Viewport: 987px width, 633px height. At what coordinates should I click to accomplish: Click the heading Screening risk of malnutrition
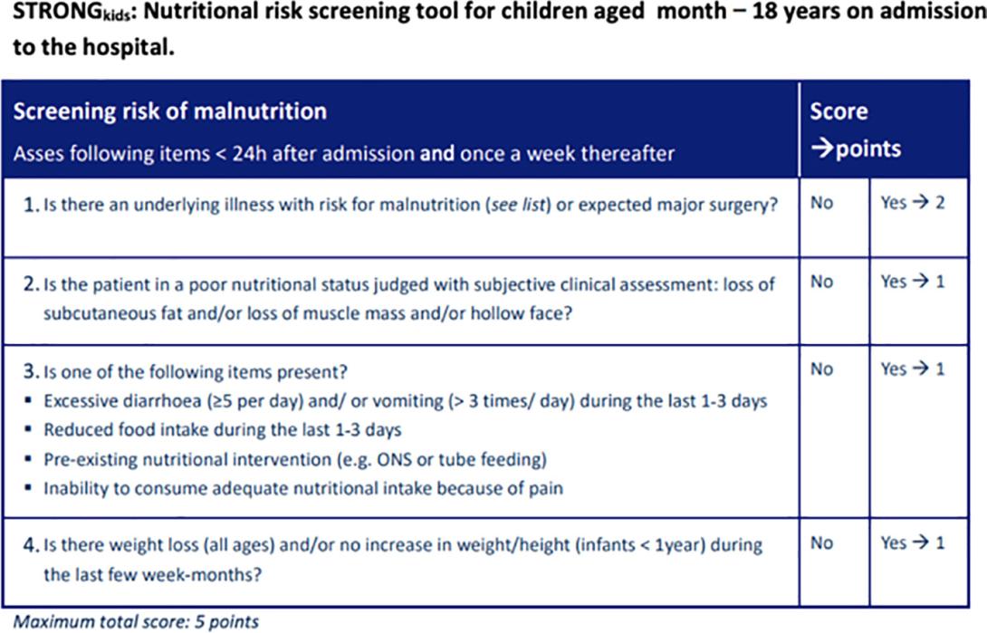coord(170,111)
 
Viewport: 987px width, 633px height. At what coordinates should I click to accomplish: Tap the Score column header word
coord(838,111)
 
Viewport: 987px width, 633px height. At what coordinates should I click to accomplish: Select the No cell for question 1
coord(821,203)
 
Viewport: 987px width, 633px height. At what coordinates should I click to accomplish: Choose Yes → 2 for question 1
coord(913,203)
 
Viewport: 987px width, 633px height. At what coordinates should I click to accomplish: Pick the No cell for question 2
coord(821,282)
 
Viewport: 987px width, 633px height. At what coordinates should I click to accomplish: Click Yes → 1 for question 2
coord(913,282)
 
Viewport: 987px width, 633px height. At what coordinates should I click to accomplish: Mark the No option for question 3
coord(821,369)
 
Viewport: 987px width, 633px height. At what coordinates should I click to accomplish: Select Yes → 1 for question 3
coord(913,369)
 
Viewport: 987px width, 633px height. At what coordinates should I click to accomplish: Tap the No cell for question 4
coord(821,542)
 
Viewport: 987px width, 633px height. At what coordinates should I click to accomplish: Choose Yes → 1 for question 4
coord(913,542)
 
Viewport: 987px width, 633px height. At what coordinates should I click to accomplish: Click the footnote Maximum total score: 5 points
coord(136,621)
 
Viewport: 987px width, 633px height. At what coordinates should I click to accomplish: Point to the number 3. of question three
coord(32,371)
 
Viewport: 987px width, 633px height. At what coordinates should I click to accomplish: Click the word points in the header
coord(868,149)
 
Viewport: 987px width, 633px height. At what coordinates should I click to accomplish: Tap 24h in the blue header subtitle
coord(250,154)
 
